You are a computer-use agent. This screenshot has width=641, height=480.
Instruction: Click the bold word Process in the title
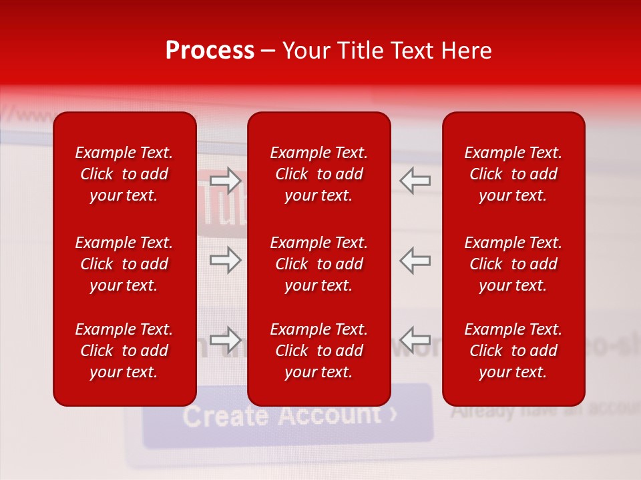coord(210,51)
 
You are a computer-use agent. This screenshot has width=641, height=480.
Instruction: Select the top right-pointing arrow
coord(226,181)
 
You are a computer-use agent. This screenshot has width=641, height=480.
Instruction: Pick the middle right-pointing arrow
coord(226,260)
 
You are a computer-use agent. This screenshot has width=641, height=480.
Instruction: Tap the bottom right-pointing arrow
coord(226,340)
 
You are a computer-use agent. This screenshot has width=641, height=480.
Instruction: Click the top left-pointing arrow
coord(415,181)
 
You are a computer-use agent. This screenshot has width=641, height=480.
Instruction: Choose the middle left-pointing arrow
coord(415,260)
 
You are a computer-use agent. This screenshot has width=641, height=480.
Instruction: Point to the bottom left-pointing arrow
coord(415,340)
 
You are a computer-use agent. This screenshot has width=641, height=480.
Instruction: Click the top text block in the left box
coord(124,174)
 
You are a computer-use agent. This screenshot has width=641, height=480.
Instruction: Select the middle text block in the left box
coord(124,264)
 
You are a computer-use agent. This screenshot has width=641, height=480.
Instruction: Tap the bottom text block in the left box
coord(124,351)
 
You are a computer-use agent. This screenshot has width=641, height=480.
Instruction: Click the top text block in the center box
coord(319,174)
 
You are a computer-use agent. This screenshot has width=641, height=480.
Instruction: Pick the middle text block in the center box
coord(319,264)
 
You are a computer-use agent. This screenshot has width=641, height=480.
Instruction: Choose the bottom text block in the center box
coord(319,351)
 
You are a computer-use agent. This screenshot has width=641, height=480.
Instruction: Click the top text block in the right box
coord(513,174)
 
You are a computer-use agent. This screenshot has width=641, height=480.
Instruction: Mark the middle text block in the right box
coord(513,264)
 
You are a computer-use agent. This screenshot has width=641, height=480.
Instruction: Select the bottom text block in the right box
coord(513,351)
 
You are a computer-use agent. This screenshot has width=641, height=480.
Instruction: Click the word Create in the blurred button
coord(226,417)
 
